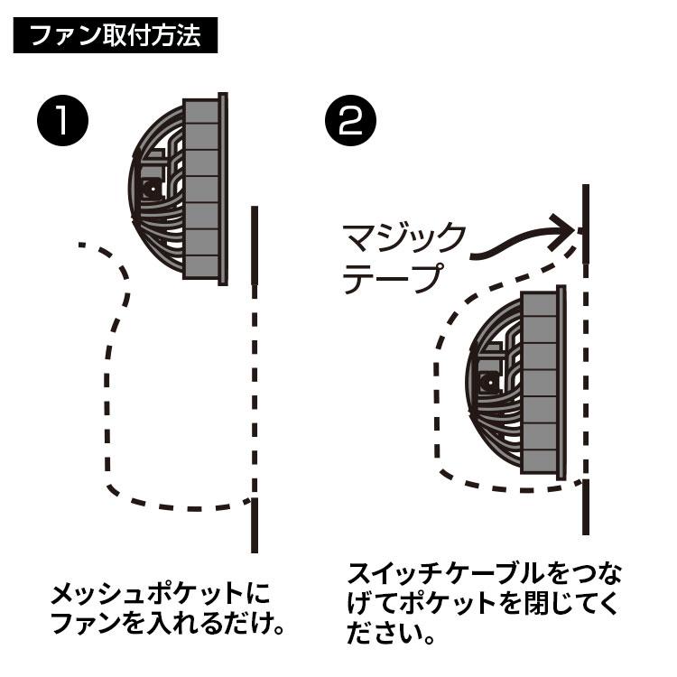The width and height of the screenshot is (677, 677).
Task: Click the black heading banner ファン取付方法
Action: [115, 37]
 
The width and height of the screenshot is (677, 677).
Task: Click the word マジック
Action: [403, 240]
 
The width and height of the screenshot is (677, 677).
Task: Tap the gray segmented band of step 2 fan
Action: [540, 383]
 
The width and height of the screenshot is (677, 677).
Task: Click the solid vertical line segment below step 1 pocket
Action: [255, 524]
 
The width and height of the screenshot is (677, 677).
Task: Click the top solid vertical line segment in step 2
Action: [586, 221]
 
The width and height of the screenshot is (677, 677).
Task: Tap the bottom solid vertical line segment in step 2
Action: [586, 505]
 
